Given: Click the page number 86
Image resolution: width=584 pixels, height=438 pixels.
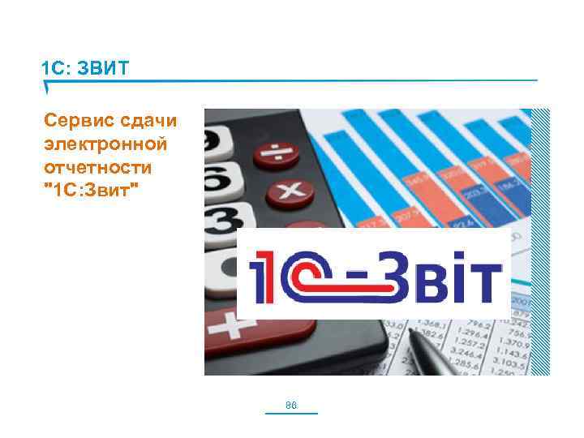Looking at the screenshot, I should point(292,405).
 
